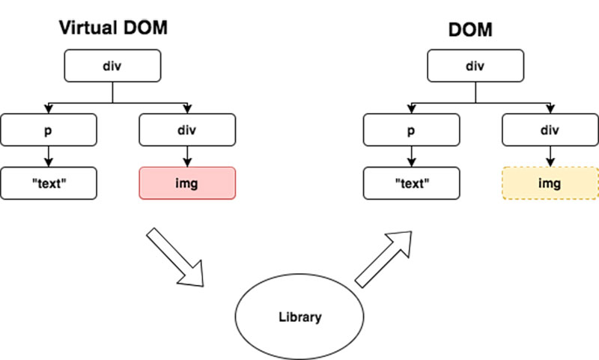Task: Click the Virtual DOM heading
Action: tap(112, 29)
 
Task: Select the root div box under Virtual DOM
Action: tap(112, 66)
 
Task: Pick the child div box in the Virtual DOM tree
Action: tap(187, 129)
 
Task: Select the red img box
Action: tap(187, 183)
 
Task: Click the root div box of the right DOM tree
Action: tap(475, 66)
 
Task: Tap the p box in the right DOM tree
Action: tap(411, 129)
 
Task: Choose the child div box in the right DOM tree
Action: tap(550, 129)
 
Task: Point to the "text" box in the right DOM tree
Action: tap(411, 183)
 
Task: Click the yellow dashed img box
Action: tap(550, 183)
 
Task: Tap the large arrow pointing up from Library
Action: tap(383, 258)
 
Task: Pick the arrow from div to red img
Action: tap(187, 156)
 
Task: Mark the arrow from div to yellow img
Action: tap(550, 156)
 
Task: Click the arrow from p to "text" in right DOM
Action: tap(411, 156)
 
